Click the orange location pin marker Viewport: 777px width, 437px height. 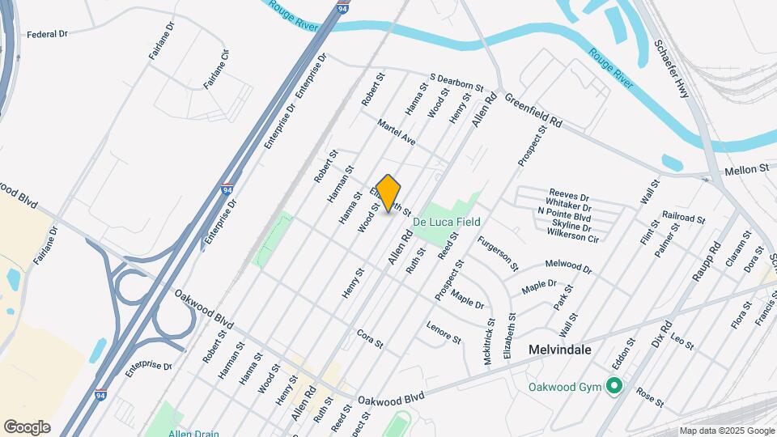pos(388,193)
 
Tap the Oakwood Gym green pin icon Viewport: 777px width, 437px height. pos(614,387)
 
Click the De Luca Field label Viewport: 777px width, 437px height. pos(447,222)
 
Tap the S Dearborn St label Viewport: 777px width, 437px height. pos(456,82)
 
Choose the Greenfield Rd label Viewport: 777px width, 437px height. pos(533,110)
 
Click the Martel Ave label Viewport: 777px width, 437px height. pos(397,133)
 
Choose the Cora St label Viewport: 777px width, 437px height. pos(369,339)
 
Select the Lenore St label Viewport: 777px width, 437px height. pos(444,333)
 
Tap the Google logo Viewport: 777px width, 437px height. pos(27,427)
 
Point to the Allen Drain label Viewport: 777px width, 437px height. pos(193,433)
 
